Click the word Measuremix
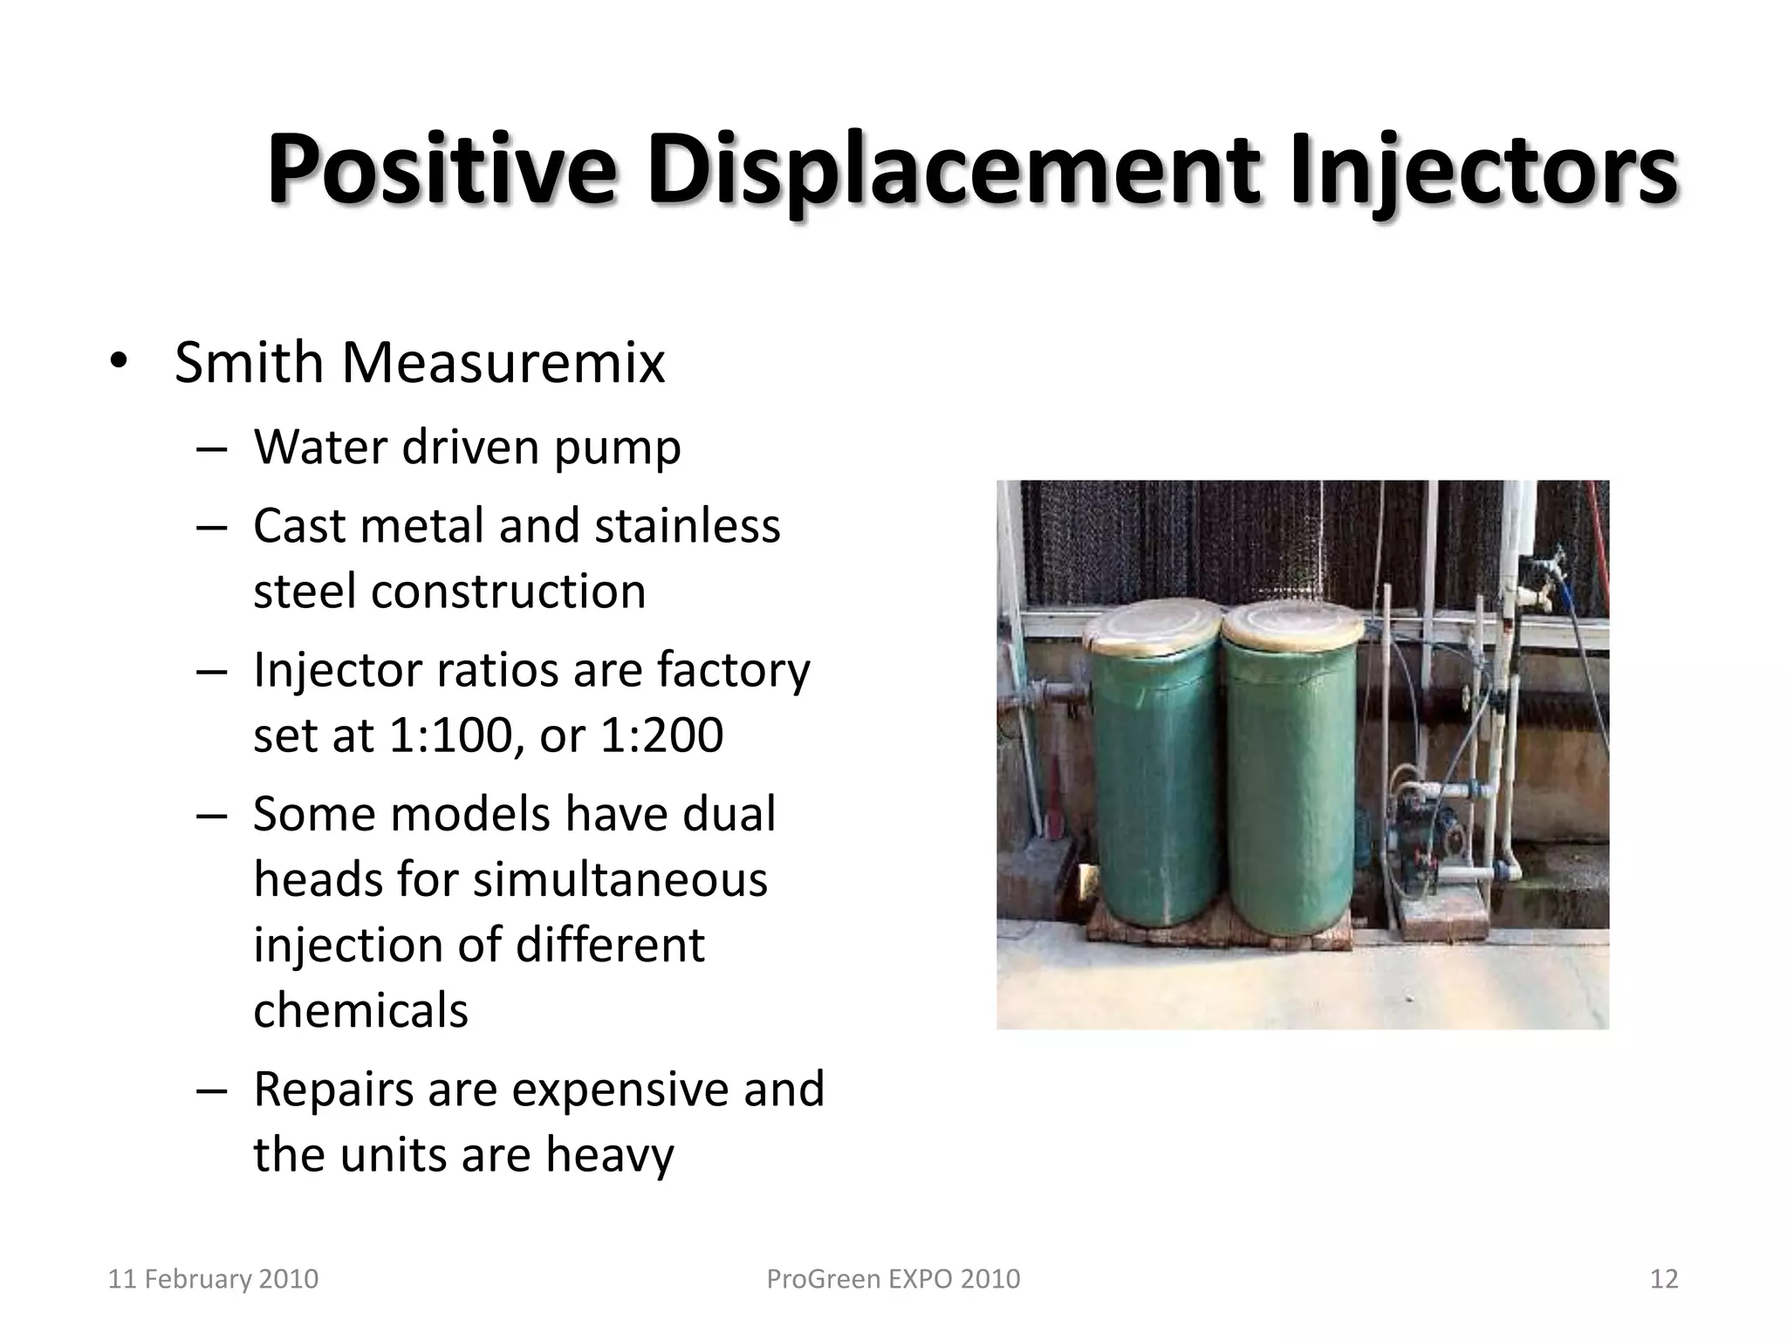tap(503, 362)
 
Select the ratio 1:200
tap(662, 735)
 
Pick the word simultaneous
tap(620, 879)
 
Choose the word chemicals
tap(360, 1010)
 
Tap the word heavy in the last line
tap(610, 1155)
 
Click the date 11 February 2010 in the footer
tap(213, 1279)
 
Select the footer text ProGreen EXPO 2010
tap(893, 1279)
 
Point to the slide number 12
tap(1664, 1279)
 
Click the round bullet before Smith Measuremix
tap(119, 363)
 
